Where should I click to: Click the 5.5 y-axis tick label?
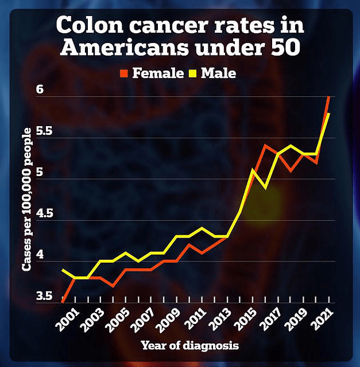point(45,131)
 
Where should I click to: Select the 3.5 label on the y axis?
point(45,296)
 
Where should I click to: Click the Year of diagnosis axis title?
point(189,346)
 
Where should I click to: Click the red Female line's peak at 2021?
point(328,97)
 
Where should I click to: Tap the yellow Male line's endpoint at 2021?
point(328,114)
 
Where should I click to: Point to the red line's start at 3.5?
point(62,300)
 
